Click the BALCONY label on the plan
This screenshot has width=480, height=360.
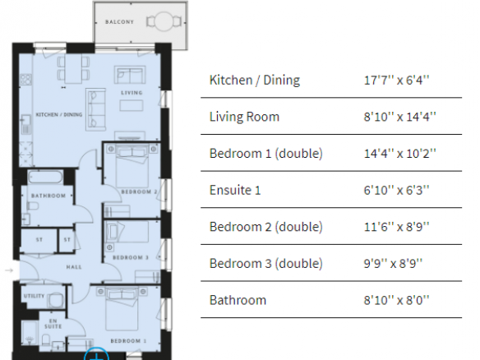pos(119,22)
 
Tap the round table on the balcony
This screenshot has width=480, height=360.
pos(164,21)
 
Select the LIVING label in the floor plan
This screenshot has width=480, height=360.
pos(132,92)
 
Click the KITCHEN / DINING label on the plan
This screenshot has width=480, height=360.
pos(59,115)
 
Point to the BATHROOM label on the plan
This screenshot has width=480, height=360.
pos(48,196)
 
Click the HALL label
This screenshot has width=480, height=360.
pos(74,267)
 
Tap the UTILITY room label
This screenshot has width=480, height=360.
pos(35,296)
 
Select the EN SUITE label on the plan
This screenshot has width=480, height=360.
pos(53,324)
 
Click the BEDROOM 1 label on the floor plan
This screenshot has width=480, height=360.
pos(128,341)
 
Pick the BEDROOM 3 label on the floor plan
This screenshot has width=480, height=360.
pos(131,257)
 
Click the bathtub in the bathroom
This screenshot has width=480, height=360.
pos(45,178)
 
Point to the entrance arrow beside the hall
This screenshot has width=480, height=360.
pos(10,270)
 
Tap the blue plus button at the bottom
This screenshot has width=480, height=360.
pos(96,354)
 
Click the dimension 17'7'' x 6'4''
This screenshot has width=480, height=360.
pos(396,81)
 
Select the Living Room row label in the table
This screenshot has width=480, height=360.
pos(244,117)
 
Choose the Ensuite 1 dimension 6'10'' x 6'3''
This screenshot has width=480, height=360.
pos(396,190)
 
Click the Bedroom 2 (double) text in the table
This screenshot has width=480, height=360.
pos(266,227)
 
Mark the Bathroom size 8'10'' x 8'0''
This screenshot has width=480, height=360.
pos(396,300)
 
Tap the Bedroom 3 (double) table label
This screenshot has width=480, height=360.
pos(266,263)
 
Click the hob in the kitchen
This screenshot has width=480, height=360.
pos(25,80)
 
